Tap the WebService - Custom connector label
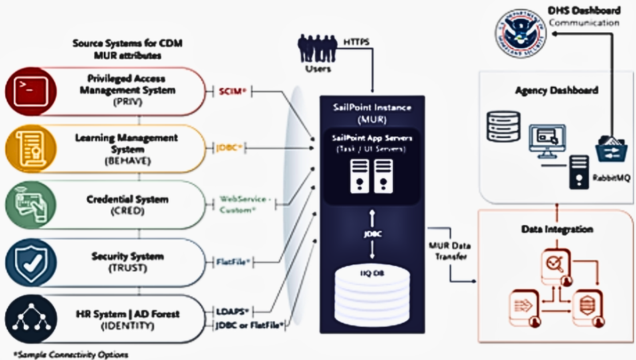tap(246, 204)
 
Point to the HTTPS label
tap(355, 41)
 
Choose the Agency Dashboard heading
tap(557, 91)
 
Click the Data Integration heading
tap(557, 229)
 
